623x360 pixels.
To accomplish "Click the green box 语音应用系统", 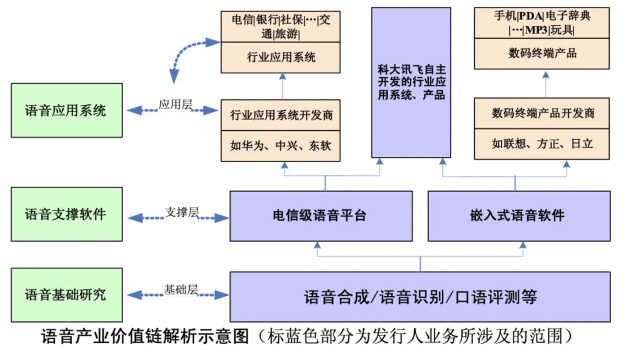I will (x=66, y=110).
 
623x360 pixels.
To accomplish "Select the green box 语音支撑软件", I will (x=66, y=214).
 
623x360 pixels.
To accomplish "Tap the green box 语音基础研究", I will (x=66, y=294).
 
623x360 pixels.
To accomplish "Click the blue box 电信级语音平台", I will (x=321, y=216).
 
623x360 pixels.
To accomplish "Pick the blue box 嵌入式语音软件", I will (x=519, y=216).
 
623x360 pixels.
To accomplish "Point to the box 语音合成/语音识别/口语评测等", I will (x=420, y=297).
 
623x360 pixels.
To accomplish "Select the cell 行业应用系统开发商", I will (x=282, y=115).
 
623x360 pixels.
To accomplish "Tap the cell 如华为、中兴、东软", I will (x=282, y=145).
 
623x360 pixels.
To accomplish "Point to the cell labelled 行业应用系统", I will (x=282, y=57).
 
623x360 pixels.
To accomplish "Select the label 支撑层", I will (x=181, y=212).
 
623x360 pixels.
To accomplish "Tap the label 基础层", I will (x=181, y=290).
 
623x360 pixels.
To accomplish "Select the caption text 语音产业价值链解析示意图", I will (x=145, y=336).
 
